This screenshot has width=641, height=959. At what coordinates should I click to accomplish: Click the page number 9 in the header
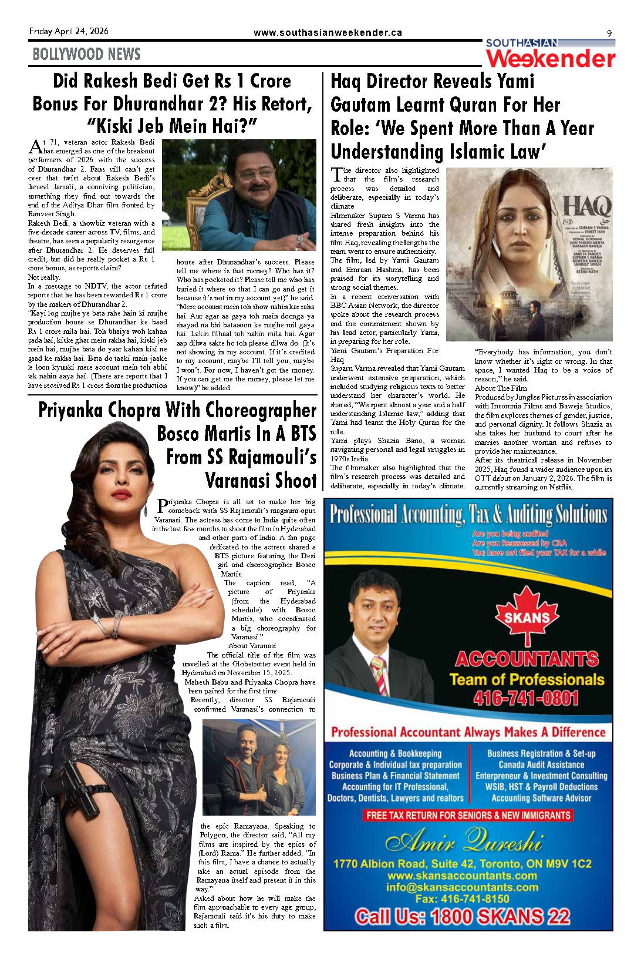[x=609, y=33]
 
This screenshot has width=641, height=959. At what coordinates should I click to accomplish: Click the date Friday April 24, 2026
[x=69, y=31]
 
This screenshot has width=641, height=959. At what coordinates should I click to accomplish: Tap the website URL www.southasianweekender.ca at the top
[x=328, y=33]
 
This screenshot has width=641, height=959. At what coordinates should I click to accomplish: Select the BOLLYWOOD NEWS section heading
[x=86, y=55]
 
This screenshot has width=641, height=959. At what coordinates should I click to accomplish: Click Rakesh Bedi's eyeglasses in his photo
[x=257, y=173]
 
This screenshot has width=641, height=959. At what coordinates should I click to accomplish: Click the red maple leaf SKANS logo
[x=527, y=615]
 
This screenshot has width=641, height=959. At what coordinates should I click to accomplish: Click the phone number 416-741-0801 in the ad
[x=526, y=698]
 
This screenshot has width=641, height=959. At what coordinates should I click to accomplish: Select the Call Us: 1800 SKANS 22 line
[x=463, y=917]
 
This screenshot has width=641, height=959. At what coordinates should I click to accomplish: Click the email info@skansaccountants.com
[x=462, y=887]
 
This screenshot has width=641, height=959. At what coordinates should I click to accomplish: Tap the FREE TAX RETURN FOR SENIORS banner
[x=468, y=816]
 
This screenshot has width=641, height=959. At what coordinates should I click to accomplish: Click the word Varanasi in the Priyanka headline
[x=261, y=480]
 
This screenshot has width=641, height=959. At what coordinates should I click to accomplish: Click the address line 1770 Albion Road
[x=462, y=864]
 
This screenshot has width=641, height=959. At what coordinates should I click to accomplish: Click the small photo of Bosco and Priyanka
[x=259, y=766]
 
